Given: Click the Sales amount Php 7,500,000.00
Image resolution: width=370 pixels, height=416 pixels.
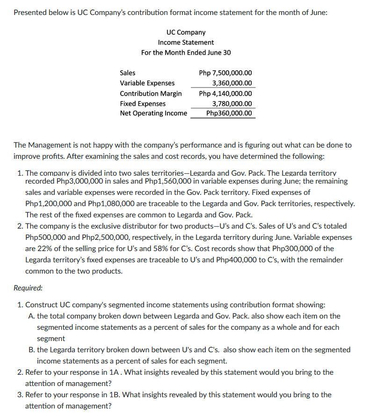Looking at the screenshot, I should [225, 73].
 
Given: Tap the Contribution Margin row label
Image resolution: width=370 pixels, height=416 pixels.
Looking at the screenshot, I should [151, 93].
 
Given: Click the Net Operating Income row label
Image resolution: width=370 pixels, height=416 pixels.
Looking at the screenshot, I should [153, 113].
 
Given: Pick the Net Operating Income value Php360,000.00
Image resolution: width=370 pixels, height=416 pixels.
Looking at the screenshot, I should [229, 113].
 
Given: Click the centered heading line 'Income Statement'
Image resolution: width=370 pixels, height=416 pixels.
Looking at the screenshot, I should [186, 42].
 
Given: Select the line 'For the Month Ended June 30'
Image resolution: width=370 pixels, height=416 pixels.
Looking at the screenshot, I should [186, 52].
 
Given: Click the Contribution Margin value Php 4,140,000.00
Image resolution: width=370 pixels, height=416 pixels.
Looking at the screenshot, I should [225, 93].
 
